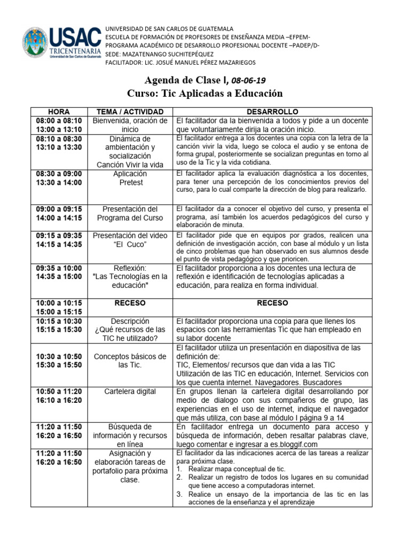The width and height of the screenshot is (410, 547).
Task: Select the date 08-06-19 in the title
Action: coord(248,80)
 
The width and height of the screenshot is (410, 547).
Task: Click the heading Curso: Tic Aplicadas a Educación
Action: coord(204,93)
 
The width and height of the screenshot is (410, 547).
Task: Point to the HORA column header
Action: coord(58,111)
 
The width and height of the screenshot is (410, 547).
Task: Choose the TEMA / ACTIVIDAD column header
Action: coord(130,111)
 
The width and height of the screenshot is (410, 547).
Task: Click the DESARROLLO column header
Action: coord(272,111)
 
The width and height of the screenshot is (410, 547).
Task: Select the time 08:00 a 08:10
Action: coord(58,120)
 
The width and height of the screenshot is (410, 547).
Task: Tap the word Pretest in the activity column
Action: coord(130,183)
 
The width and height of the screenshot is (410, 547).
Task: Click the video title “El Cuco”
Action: coord(130,245)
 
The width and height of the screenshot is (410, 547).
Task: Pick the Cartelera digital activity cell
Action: coord(130,392)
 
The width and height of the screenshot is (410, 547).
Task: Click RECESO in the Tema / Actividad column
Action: coord(130,303)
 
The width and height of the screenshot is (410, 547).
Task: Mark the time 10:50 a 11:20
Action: coord(58,392)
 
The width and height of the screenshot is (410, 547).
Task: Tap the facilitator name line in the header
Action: coord(173,62)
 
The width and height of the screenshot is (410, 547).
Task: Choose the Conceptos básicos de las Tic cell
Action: coord(130,361)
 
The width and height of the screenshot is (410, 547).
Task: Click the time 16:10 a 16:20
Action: coord(58,400)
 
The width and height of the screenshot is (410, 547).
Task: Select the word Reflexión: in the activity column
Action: coord(130,268)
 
